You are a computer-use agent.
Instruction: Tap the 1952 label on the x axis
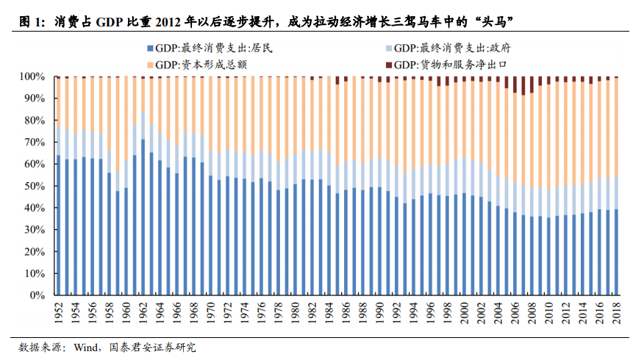pyautogui.click(x=58, y=314)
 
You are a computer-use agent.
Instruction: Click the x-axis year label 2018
pyautogui.click(x=616, y=314)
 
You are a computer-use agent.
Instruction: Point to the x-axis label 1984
pyautogui.click(x=329, y=314)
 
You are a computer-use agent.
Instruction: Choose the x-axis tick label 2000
pyautogui.click(x=464, y=314)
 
